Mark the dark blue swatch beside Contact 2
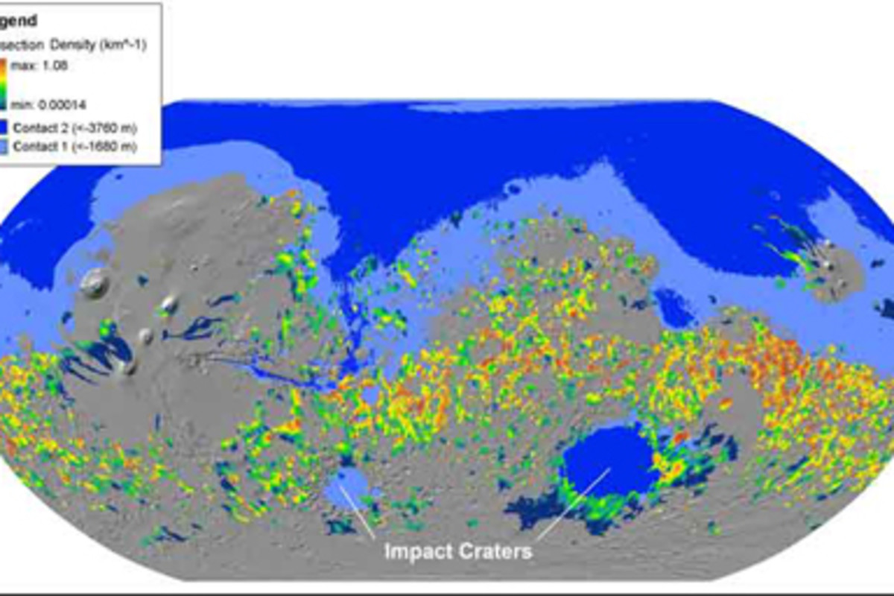[x=6, y=128]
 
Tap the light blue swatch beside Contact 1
[x=6, y=146]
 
